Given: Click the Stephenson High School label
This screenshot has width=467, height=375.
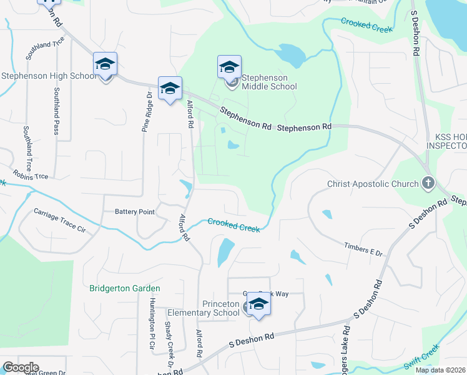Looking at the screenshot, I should click(49, 76).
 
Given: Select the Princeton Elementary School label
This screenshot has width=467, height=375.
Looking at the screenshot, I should click(212, 308).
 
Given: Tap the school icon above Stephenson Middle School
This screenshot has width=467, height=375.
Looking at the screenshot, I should click(229, 67).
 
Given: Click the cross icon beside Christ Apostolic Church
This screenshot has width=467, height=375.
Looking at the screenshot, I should click(428, 183).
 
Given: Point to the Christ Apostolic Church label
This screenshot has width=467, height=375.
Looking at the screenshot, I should click(373, 184).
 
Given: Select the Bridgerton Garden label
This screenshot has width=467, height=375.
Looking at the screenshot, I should click(125, 288).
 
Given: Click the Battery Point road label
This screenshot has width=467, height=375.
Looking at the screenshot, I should click(134, 212).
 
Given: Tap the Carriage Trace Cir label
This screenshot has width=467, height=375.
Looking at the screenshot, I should click(59, 220).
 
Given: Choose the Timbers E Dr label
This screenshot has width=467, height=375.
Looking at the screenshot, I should click(363, 249).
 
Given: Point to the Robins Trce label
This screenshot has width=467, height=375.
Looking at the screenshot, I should click(29, 176).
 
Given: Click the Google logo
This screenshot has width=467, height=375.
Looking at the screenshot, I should click(20, 367).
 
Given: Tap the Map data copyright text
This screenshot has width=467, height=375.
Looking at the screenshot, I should click(441, 370).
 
